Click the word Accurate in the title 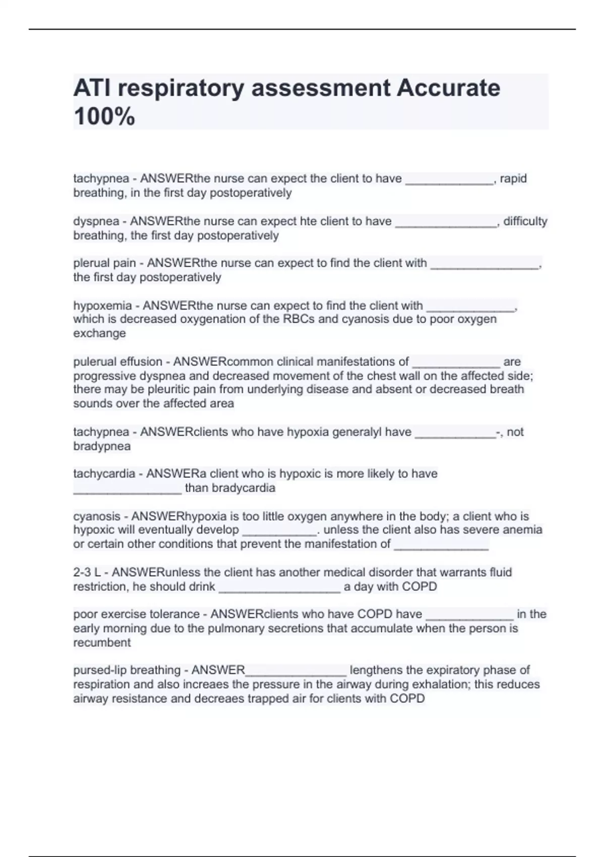448,88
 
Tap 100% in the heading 104,116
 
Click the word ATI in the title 91,88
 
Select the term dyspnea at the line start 96,221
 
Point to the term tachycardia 104,474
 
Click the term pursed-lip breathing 127,670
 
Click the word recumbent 102,643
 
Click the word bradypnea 102,446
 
